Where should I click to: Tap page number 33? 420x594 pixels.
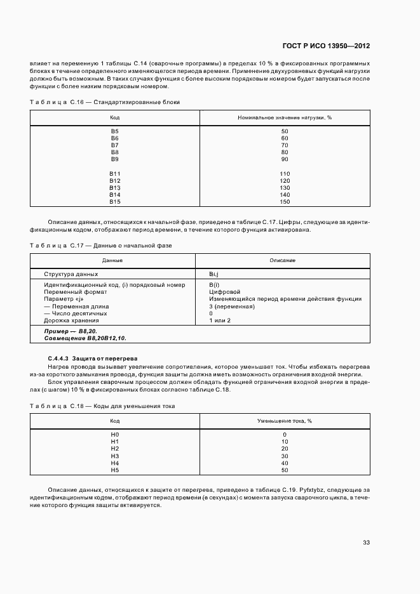click(366, 543)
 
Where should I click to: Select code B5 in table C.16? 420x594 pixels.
click(114, 131)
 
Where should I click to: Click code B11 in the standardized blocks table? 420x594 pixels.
click(114, 174)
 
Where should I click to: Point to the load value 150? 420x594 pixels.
click(284, 202)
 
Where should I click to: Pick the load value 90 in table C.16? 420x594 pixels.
click(284, 159)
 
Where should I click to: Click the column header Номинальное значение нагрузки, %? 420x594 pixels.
click(285, 117)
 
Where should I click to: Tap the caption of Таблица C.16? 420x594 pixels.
click(105, 102)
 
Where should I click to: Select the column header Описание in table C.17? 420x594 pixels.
click(282, 261)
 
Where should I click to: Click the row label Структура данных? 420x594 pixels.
click(71, 274)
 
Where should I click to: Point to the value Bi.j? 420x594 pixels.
click(213, 274)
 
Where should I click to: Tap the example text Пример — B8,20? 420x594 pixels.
click(70, 331)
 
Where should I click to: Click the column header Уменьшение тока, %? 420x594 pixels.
click(284, 421)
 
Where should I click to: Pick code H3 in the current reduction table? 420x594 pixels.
click(114, 456)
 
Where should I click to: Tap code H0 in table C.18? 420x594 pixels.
click(114, 435)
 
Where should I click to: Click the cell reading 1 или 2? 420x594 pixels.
click(220, 320)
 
